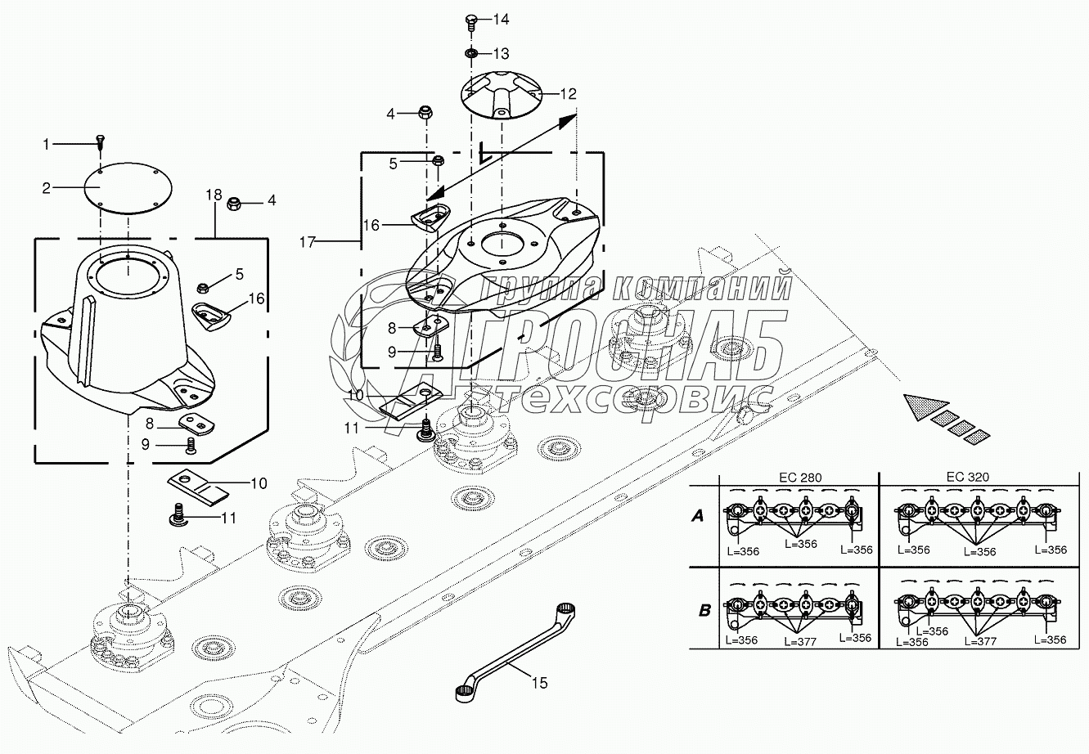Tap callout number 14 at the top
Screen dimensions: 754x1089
[x=501, y=19]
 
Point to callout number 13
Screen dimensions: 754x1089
[x=501, y=53]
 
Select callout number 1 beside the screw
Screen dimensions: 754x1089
[x=47, y=145]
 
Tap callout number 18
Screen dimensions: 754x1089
[x=214, y=195]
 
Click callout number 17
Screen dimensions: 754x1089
[x=307, y=242]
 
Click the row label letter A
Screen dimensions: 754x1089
[x=698, y=516]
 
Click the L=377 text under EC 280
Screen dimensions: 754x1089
[x=799, y=642]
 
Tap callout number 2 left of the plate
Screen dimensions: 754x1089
[x=47, y=188]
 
